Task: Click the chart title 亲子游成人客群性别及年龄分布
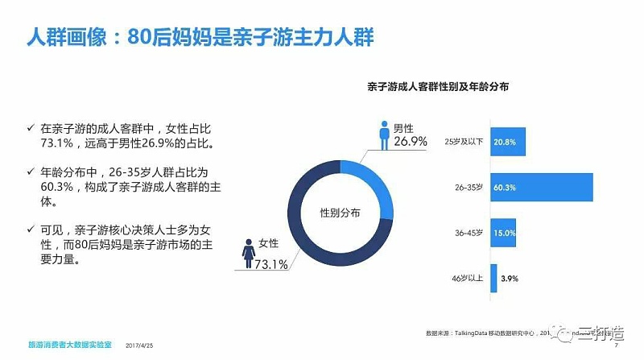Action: pos(440,86)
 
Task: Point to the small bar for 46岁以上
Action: pos(493,278)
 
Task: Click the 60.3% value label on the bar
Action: pos(505,188)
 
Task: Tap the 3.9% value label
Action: pos(510,278)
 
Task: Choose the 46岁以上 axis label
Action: pos(468,278)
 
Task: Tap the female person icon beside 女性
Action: pos(246,253)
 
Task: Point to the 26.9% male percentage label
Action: pos(410,143)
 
